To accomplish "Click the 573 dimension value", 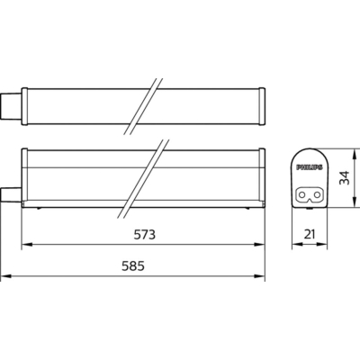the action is [145, 235].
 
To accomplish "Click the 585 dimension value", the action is [133, 265].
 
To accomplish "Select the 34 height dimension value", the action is [345, 177].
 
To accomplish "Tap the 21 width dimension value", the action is [310, 234].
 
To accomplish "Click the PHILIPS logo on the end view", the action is [310, 167].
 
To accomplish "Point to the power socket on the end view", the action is [309, 195].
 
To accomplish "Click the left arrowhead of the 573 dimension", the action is [27, 245].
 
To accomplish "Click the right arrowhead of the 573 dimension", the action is [259, 245].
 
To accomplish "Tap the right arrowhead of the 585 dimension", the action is [259, 275].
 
